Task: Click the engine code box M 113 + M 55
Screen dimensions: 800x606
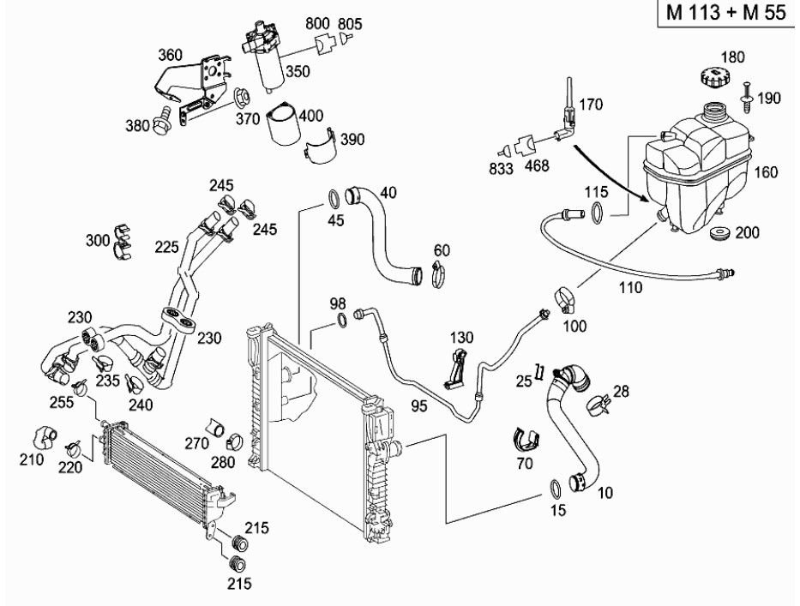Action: [726, 12]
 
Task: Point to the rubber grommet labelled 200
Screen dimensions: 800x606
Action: [720, 234]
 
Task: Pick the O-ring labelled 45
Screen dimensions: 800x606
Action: [334, 200]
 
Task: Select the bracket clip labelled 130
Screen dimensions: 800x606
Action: [455, 367]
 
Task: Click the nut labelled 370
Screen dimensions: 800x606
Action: [241, 96]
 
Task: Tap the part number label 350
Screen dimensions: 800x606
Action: [298, 71]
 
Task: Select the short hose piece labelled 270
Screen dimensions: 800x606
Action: [215, 428]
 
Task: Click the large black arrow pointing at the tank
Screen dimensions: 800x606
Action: [611, 173]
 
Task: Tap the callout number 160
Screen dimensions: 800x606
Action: [766, 172]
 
